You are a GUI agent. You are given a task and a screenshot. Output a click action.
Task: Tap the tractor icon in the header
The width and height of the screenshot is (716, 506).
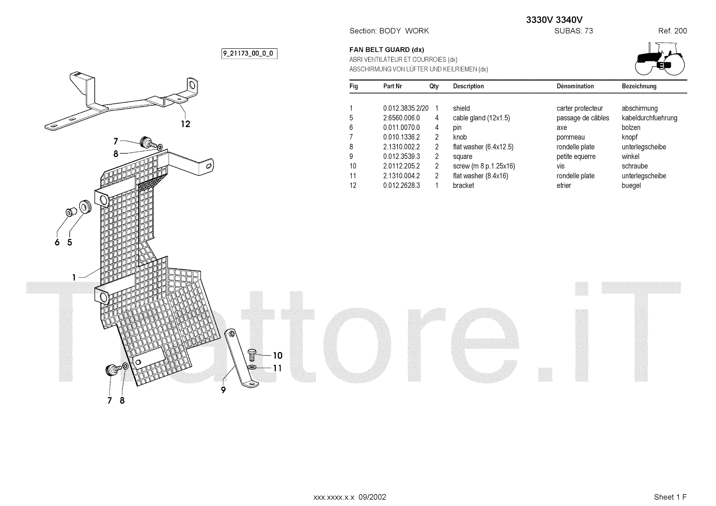click(x=660, y=59)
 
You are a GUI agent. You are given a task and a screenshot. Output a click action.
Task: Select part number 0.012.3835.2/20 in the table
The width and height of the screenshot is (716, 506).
click(x=405, y=108)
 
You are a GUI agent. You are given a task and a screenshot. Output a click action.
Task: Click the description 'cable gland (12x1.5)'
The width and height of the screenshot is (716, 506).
click(x=481, y=118)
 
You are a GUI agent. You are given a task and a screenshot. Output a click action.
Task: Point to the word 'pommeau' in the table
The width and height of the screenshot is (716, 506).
click(x=571, y=137)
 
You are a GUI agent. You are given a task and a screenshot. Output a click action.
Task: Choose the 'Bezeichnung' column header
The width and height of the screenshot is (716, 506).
click(x=639, y=86)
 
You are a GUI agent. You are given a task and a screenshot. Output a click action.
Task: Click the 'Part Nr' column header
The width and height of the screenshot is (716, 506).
click(x=392, y=86)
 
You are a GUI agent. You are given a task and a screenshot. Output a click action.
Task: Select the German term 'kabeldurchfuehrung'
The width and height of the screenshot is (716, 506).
click(x=649, y=118)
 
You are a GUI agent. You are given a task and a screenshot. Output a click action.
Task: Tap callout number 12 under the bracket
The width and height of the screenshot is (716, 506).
click(x=185, y=124)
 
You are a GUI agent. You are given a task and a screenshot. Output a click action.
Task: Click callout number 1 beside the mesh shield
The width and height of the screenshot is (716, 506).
click(x=74, y=277)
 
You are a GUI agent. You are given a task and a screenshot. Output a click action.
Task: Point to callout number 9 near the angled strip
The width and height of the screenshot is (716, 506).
click(x=223, y=390)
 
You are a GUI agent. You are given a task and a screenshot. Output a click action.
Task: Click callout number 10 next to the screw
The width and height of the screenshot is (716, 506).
click(x=277, y=356)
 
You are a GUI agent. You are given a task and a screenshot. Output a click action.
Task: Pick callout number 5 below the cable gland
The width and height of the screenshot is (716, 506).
click(x=70, y=242)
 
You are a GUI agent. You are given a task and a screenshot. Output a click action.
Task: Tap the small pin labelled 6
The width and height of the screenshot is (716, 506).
click(x=69, y=212)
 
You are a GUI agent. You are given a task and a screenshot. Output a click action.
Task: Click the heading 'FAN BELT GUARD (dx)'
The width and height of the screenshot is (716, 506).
click(x=387, y=50)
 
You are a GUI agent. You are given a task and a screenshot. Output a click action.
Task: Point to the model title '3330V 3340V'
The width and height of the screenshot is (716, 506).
click(x=554, y=20)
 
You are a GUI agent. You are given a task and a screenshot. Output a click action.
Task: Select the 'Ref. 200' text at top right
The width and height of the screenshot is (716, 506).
click(x=672, y=31)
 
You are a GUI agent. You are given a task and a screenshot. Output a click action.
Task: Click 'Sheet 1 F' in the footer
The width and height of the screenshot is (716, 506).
click(x=670, y=497)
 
